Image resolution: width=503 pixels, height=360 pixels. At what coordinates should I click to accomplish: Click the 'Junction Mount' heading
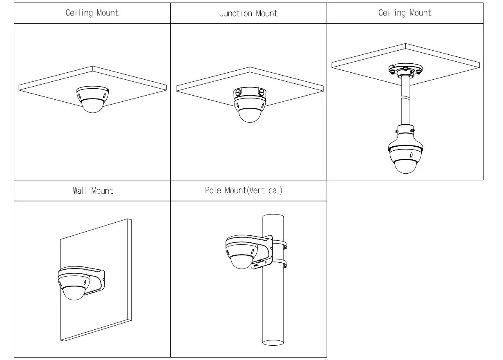(x=248, y=13)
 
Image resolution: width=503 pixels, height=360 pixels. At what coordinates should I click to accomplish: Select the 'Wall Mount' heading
(x=93, y=191)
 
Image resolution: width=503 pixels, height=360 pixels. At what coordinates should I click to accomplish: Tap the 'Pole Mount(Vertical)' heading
(x=244, y=190)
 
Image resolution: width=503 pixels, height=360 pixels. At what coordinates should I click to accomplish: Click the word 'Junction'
(x=236, y=13)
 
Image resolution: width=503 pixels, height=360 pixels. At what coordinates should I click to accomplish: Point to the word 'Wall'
(x=80, y=191)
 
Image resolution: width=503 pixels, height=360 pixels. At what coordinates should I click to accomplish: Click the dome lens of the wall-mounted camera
(x=74, y=293)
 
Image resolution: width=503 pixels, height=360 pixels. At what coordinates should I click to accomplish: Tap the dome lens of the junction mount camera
(x=250, y=115)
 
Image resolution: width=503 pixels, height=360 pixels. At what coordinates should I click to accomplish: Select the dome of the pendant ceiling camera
(x=405, y=166)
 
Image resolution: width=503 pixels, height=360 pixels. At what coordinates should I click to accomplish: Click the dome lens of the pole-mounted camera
(x=242, y=262)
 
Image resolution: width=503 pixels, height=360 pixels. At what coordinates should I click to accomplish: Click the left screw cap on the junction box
(x=237, y=92)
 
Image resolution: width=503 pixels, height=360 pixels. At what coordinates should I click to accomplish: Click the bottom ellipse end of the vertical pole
(x=273, y=342)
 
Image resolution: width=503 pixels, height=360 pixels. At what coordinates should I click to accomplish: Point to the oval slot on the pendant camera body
(x=411, y=155)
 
